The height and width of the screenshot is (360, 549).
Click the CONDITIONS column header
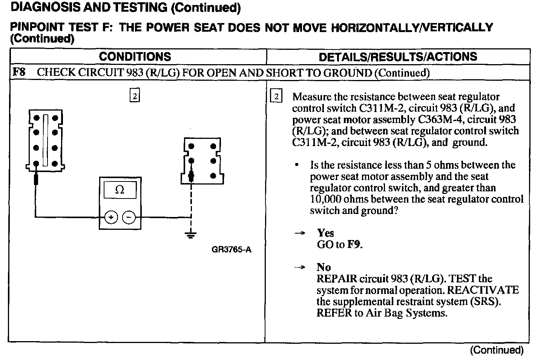pyautogui.click(x=135, y=57)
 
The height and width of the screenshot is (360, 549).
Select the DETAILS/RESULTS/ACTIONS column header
pyautogui.click(x=398, y=57)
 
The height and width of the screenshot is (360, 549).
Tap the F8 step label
pyautogui.click(x=19, y=72)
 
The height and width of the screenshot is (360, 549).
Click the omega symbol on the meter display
pyautogui.click(x=120, y=190)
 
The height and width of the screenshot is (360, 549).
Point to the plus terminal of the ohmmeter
pyautogui.click(x=111, y=217)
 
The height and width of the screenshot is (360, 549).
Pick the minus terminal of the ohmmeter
pyautogui.click(x=129, y=217)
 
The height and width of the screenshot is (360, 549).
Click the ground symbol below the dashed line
pyautogui.click(x=191, y=236)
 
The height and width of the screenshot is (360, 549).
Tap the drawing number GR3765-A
pyautogui.click(x=232, y=249)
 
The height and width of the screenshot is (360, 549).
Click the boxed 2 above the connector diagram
pyautogui.click(x=135, y=96)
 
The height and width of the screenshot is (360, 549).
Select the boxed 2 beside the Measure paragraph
pyautogui.click(x=276, y=97)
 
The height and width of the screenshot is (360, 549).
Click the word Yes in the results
pyautogui.click(x=325, y=233)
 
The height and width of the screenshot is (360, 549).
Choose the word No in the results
pyautogui.click(x=324, y=267)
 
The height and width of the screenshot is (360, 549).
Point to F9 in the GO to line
pyautogui.click(x=354, y=245)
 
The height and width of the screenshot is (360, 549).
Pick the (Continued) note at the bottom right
pyautogui.click(x=497, y=350)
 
